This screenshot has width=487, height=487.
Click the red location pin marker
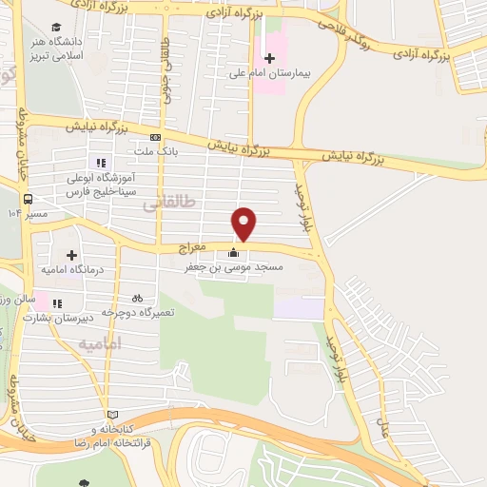pyautogui.click(x=244, y=224)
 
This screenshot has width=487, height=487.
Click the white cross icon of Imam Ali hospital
pyautogui.click(x=268, y=57)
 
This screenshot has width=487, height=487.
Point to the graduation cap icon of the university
pyautogui.click(x=57, y=28)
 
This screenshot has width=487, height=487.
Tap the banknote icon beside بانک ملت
pyautogui.click(x=155, y=137)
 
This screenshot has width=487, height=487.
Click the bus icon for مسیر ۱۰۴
pyautogui.click(x=28, y=200)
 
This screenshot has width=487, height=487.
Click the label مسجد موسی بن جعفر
pyautogui.click(x=233, y=268)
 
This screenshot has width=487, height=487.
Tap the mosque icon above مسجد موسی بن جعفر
pyautogui.click(x=234, y=253)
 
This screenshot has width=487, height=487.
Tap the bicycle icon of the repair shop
pyautogui.click(x=138, y=297)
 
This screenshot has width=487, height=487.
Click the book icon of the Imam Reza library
pyautogui.click(x=114, y=415)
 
